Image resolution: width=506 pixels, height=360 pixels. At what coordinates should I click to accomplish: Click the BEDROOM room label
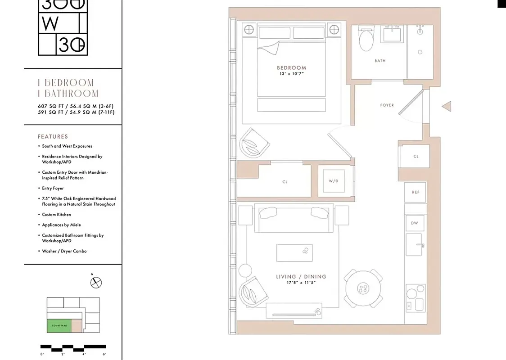291,68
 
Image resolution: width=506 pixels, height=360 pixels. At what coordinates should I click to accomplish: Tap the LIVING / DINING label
301,277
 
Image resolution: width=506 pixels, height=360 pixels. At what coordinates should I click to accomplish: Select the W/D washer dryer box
333,181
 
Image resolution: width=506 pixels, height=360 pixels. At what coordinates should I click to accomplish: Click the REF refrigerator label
416,192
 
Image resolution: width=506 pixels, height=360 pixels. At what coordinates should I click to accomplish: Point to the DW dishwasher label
415,223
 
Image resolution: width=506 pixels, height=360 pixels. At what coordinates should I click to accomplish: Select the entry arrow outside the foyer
446,107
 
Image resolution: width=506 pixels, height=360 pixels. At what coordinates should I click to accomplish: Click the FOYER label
387,105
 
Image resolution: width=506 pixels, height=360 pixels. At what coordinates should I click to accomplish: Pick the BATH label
380,61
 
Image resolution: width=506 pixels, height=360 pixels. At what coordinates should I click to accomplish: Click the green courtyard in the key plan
59,325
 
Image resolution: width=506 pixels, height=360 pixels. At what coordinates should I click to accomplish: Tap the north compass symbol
96,283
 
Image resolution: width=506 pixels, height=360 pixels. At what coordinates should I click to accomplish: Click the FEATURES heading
53,136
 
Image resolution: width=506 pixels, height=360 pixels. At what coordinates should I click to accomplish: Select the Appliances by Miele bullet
62,225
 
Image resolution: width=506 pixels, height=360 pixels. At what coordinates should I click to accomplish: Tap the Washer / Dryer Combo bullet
64,251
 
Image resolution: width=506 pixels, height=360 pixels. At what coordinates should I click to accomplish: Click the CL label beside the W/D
285,182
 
